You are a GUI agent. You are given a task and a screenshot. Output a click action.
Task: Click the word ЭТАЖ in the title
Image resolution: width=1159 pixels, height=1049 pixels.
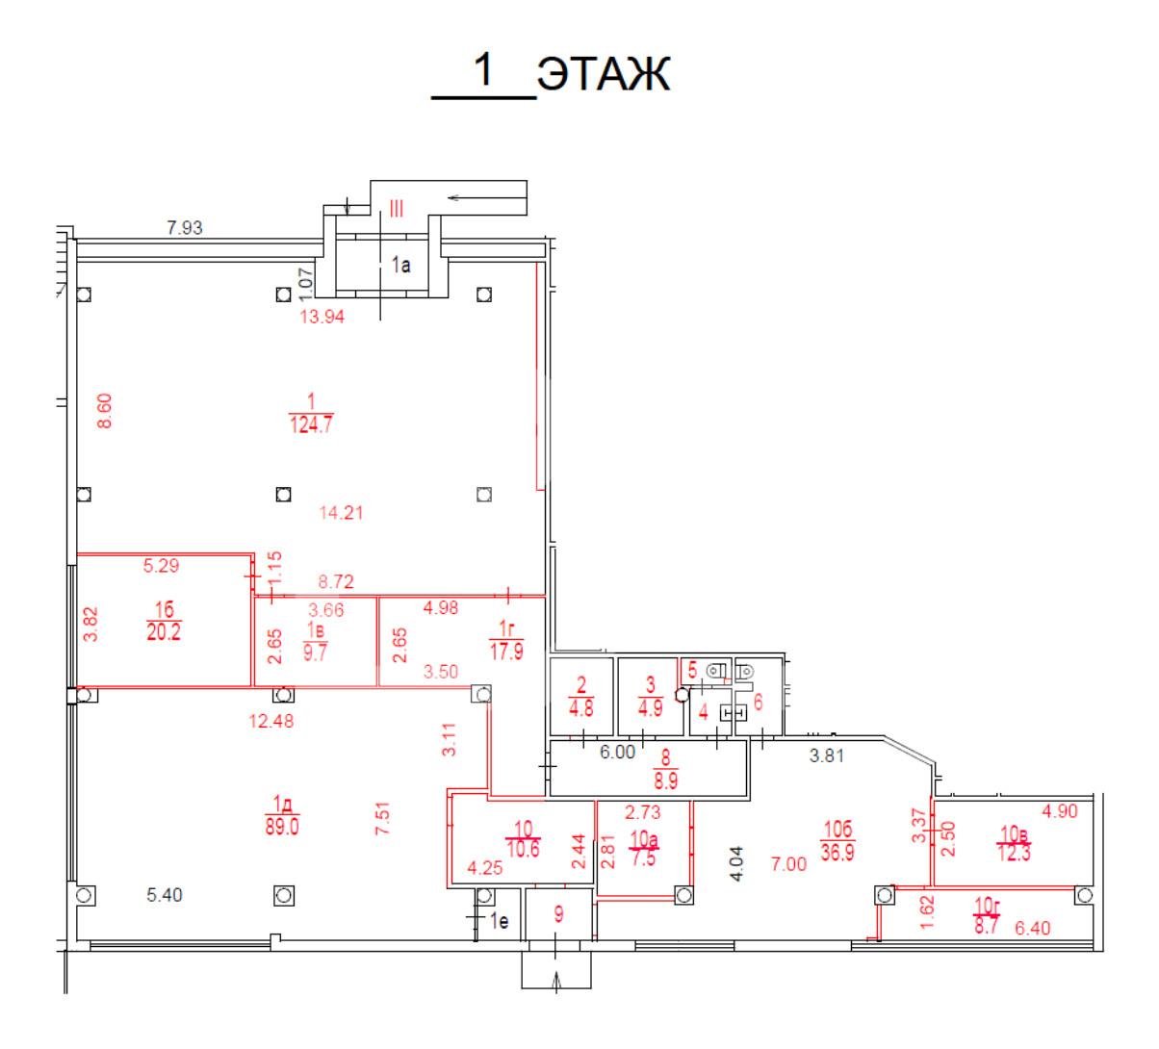(604, 73)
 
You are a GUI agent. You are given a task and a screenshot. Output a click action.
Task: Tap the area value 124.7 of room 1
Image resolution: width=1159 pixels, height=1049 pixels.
(311, 425)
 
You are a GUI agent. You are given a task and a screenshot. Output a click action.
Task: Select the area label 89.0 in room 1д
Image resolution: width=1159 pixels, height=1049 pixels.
(282, 827)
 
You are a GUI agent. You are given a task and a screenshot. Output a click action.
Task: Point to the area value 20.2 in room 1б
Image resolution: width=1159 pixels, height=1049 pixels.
(164, 632)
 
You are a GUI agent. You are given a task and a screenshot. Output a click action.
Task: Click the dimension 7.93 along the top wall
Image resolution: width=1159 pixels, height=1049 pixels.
(185, 227)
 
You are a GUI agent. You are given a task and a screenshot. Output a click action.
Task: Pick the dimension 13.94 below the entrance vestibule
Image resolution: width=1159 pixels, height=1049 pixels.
(322, 317)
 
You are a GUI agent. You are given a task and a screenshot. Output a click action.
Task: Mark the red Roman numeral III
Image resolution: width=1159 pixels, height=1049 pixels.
(397, 209)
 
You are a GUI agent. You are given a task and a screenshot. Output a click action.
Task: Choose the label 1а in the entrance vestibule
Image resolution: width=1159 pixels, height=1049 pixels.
(401, 266)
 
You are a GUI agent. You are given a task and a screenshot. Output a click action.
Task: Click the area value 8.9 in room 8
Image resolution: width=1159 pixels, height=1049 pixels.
(665, 781)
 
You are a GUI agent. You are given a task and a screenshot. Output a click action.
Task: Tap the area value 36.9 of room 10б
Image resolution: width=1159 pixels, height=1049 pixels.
(837, 852)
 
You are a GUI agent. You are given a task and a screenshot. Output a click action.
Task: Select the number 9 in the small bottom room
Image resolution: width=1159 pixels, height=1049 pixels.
(558, 914)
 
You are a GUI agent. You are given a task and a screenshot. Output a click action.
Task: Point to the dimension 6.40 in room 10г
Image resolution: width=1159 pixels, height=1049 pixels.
(1033, 928)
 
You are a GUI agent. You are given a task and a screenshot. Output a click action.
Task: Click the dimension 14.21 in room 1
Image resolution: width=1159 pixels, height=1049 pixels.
(341, 512)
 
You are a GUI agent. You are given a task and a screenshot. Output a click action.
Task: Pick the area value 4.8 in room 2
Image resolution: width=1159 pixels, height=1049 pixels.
(580, 708)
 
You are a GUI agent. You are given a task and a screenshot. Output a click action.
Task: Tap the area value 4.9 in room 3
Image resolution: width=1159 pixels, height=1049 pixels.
(650, 708)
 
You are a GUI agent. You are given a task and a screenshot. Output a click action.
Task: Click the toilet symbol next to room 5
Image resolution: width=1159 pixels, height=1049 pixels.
(716, 671)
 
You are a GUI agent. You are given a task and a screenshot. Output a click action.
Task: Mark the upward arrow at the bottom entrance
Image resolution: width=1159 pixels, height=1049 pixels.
(556, 980)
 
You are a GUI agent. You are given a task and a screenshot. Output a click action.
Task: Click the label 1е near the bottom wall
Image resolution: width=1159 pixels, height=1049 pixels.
(500, 921)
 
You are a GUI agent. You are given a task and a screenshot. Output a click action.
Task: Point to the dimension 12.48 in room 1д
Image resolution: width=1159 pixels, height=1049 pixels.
(270, 721)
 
